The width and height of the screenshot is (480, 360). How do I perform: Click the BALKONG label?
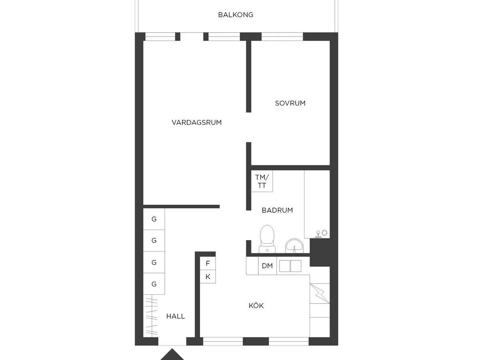click(x=236, y=15)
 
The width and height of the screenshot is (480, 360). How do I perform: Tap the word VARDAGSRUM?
click(x=196, y=122)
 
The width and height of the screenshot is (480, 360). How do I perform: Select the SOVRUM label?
click(x=290, y=103)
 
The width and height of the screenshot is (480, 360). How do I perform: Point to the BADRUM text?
click(x=277, y=210)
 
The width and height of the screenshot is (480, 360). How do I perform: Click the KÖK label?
click(x=256, y=305)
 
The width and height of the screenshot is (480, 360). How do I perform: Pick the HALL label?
click(x=175, y=316)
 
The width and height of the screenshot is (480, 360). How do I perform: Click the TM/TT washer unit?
click(x=262, y=181)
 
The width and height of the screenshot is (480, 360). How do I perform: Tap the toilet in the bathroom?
click(x=267, y=239)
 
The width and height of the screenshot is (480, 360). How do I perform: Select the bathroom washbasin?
click(x=294, y=246)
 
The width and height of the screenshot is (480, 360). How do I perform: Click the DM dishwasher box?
click(x=268, y=266)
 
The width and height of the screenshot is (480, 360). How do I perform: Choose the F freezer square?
click(x=208, y=263)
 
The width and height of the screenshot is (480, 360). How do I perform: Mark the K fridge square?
click(x=208, y=277)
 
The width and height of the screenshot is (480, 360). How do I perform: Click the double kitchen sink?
click(x=290, y=266)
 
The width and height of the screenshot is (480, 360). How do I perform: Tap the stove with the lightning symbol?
click(x=320, y=293)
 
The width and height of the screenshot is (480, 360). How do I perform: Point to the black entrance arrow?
click(x=172, y=354)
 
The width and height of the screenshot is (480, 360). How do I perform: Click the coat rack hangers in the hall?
click(x=152, y=316)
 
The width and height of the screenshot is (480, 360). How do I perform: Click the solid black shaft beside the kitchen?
click(x=320, y=252)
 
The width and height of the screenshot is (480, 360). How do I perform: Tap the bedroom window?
click(x=282, y=37)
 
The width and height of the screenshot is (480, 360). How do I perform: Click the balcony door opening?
click(x=192, y=37)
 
